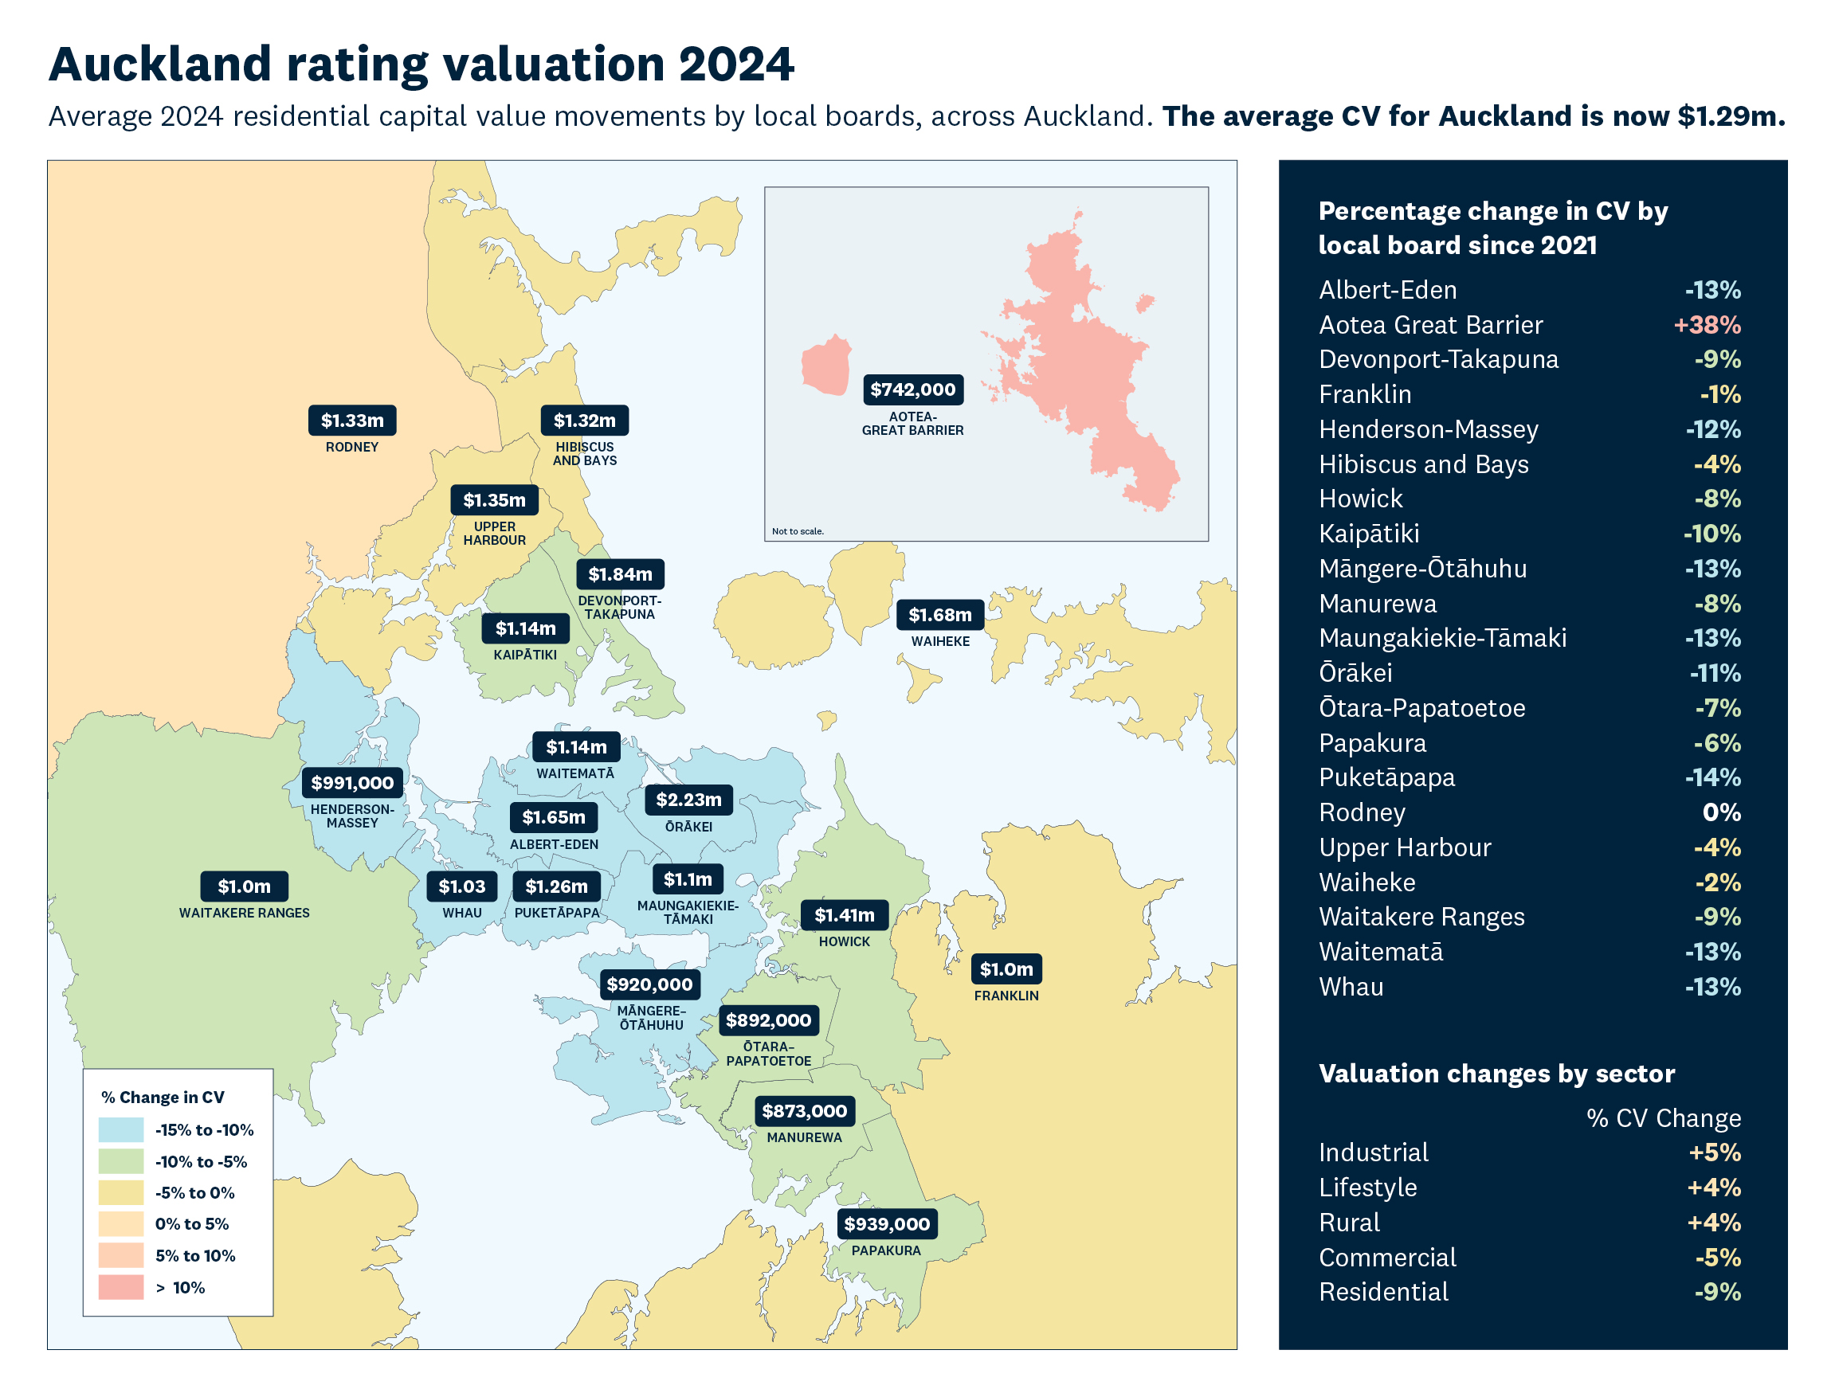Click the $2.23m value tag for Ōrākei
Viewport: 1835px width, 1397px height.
tap(688, 799)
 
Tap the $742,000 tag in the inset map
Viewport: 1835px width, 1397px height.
tap(912, 389)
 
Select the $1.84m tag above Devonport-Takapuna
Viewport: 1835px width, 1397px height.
tap(620, 573)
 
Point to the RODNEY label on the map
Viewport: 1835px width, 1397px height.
tap(352, 447)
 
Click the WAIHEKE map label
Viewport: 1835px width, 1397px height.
tap(940, 641)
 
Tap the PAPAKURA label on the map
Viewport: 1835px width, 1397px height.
tap(886, 1250)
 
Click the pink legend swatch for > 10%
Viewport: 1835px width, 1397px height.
tap(120, 1287)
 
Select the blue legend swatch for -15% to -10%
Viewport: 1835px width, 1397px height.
tap(120, 1129)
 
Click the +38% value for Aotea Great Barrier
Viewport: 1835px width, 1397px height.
tap(1707, 325)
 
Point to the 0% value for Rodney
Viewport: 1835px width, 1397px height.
tap(1721, 812)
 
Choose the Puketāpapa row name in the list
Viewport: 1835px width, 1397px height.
tap(1386, 777)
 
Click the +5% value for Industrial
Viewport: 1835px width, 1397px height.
tap(1715, 1152)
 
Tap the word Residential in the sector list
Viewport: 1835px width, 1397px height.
tap(1383, 1291)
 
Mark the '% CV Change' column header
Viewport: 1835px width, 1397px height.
tap(1664, 1118)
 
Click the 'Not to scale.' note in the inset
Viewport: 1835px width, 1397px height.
tap(797, 531)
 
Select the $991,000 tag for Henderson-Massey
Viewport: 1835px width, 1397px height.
tap(352, 782)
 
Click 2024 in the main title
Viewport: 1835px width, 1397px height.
tap(735, 64)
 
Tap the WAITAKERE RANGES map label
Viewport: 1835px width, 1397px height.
tap(244, 913)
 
